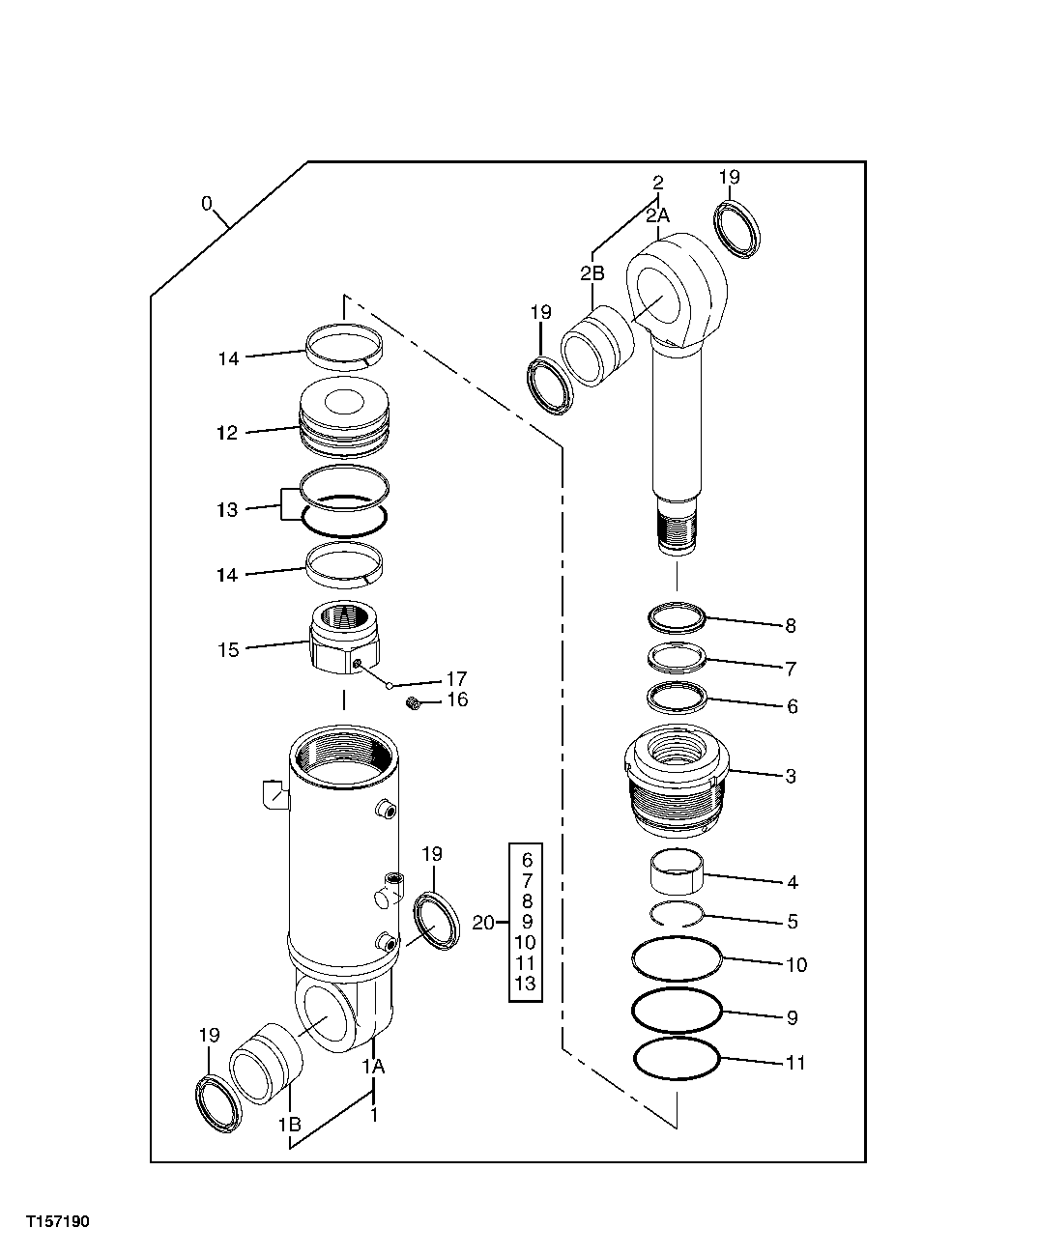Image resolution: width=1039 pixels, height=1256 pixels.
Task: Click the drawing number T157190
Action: pos(58,1222)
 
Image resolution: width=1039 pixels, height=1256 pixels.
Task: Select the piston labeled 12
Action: pos(344,416)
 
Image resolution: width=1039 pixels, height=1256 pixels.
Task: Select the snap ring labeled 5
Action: pos(677,914)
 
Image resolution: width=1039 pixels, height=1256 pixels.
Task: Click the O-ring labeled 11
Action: pos(677,1060)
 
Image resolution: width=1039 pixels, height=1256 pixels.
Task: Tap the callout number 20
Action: pos(482,923)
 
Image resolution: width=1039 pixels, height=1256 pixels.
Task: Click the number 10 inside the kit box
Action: pos(526,943)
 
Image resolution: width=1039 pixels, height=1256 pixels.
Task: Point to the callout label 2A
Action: pos(657,217)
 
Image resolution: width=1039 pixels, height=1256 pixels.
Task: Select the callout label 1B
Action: pos(289,1125)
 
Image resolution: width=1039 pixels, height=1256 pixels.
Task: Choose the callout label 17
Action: pos(454,678)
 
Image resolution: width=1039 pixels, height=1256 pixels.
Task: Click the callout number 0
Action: pos(207,203)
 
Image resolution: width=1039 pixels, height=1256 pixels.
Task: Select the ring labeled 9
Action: pos(677,1010)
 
